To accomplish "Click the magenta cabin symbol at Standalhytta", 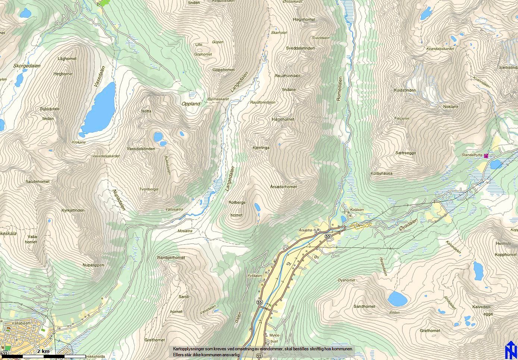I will pos(486,156).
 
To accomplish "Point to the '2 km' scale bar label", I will pos(43,351).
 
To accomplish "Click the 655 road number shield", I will pos(4,353).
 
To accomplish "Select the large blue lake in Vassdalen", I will pos(99,108).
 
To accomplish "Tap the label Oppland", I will pos(191,104).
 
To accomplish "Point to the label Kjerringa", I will pos(261,148).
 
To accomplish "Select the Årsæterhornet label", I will pos(283,187).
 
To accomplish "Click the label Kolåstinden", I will pos(405,90).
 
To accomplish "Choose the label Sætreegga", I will pos(405,153).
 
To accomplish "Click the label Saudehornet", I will pos(37,181).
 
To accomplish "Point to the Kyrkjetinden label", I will pos(73,210).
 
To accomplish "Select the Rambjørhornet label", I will pos(171,258).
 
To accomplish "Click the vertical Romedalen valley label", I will pos(339,89).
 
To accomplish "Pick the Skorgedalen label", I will pos(27,66).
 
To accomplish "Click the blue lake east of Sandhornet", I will pos(397,299).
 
